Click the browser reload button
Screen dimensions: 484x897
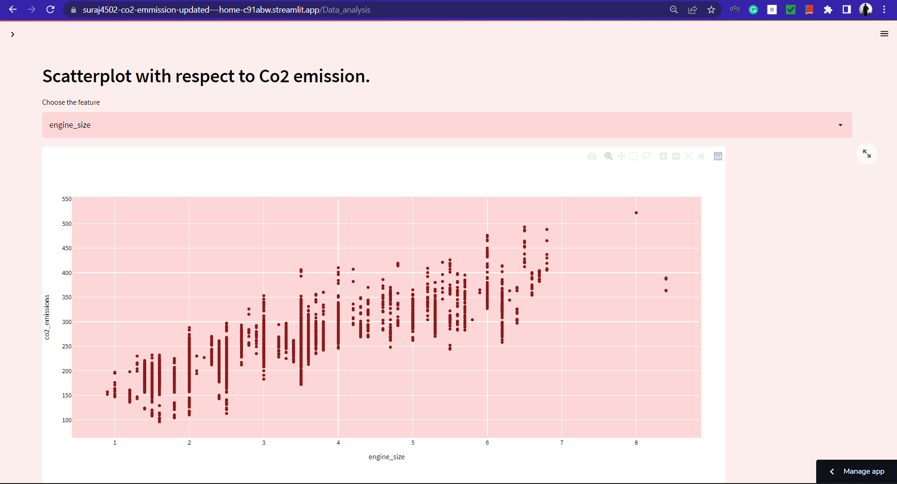50,9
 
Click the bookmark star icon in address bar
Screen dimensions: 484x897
711,9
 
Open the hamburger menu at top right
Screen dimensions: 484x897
884,34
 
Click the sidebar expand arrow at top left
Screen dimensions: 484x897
13,34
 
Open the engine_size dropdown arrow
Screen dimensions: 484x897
840,125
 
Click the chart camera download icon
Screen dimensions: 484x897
592,156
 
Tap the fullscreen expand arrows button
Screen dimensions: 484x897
867,153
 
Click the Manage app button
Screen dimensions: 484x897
863,471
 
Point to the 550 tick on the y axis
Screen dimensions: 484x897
67,199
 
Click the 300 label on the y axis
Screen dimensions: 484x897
67,322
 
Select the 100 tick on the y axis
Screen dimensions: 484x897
67,420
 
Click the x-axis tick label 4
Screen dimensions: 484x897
338,442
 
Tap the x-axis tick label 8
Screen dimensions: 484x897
636,442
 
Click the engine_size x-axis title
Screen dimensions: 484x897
386,457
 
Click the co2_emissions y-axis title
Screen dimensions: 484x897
47,317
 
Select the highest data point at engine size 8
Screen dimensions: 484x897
636,213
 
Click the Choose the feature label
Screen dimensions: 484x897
71,102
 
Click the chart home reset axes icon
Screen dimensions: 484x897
701,156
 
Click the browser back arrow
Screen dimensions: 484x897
13,9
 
